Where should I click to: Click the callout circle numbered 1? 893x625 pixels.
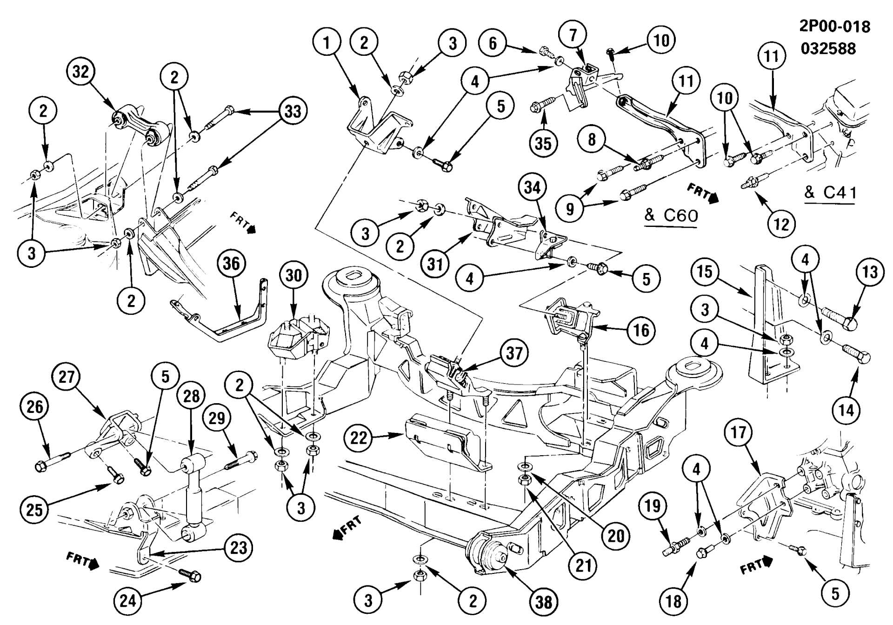pos(327,43)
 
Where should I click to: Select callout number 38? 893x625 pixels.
pos(543,602)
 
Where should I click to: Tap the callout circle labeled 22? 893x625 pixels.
pos(359,438)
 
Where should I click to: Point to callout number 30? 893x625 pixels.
pos(293,275)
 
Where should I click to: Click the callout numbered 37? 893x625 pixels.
pos(514,353)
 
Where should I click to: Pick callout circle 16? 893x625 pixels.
pos(641,330)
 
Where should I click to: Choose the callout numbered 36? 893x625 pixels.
pos(231,264)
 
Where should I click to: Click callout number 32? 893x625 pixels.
pos(81,72)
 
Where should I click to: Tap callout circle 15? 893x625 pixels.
pos(705,272)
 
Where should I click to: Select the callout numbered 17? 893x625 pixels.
pos(739,433)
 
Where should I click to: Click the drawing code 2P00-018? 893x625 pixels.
pos(834,27)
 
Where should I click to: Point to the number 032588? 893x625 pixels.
pos(828,48)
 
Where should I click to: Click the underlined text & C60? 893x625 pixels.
pos(671,216)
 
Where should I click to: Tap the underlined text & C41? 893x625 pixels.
pos(830,193)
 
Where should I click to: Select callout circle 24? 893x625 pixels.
pos(128,600)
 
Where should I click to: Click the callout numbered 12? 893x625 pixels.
pos(781,225)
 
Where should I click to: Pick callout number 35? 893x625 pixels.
pos(543,143)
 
